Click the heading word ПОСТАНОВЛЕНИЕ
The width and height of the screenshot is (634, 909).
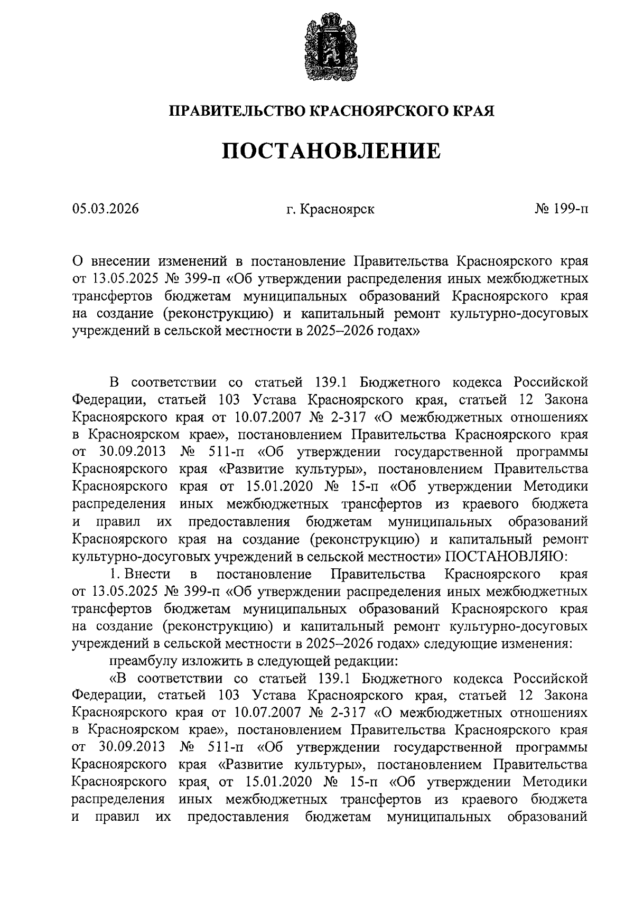pyautogui.click(x=330, y=151)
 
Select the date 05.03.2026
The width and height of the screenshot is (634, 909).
pyautogui.click(x=106, y=209)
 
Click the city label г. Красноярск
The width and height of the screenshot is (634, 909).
pyautogui.click(x=330, y=209)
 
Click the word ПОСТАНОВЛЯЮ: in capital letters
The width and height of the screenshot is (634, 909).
pyautogui.click(x=506, y=556)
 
